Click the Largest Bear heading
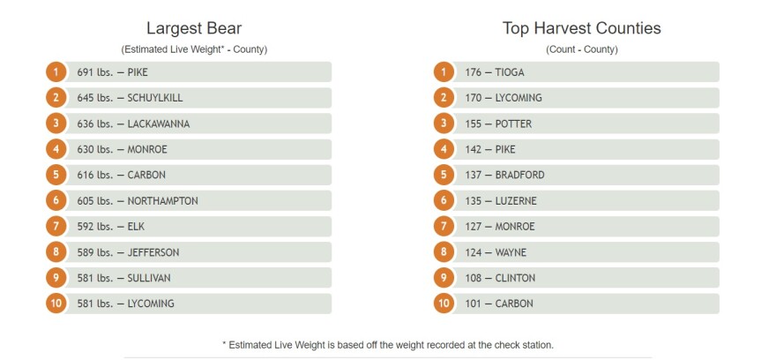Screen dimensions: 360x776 pos(193,28)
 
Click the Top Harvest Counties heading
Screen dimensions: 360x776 pos(581,28)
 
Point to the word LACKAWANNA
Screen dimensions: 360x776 pos(159,124)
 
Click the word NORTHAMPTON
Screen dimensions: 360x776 pos(162,201)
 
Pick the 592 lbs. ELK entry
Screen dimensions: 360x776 pos(110,227)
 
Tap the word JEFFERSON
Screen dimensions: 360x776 pos(153,252)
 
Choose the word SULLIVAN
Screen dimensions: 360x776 pos(149,278)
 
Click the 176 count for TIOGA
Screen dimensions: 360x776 pos(474,72)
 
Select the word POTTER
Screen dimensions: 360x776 pos(512,124)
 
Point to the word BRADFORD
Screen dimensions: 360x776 pos(519,175)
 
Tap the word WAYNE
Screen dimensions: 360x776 pos(511,252)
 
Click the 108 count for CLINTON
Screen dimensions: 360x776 pos(474,278)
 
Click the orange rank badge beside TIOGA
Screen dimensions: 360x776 pos(444,72)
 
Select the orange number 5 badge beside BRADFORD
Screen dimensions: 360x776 pos(444,175)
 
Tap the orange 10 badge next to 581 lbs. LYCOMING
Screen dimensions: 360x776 pos(56,304)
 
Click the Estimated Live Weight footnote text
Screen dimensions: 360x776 pos(388,345)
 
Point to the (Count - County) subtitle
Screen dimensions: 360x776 pos(581,49)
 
